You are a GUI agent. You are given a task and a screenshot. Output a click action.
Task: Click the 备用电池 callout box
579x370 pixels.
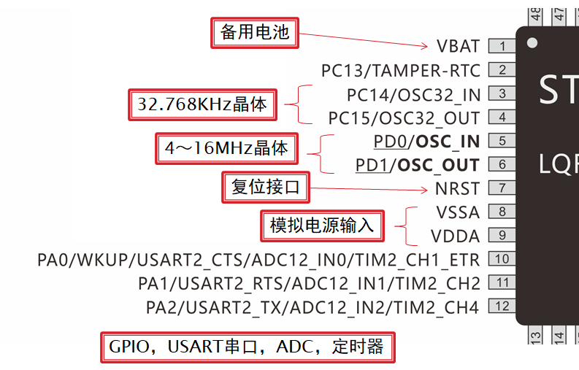[x=255, y=33]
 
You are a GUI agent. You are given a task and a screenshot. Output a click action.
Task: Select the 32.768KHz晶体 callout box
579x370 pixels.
[x=202, y=104]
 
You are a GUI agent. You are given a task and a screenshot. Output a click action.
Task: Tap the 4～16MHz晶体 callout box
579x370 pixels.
[x=227, y=149]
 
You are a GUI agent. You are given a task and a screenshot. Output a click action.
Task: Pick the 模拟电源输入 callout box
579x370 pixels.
[x=322, y=226]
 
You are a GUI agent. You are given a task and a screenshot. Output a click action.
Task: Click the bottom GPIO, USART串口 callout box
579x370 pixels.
[x=246, y=347]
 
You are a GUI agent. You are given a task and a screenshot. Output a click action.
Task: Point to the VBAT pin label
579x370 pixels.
[x=459, y=46]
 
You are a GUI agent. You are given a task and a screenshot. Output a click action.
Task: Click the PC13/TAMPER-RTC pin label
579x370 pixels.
[x=401, y=70]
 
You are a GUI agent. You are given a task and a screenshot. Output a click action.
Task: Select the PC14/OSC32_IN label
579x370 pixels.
[x=413, y=94]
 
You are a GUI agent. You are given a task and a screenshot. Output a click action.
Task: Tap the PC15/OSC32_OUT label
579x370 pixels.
[x=404, y=117]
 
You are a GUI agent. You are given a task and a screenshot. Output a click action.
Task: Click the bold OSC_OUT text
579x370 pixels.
[x=438, y=165]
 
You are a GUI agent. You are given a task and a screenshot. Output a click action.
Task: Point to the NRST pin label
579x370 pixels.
[x=458, y=188]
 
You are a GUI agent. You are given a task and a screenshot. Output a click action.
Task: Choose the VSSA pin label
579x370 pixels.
[x=458, y=212]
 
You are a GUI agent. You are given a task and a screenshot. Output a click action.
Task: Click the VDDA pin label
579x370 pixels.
[x=456, y=236]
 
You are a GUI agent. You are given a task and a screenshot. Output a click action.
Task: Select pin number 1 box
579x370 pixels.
[x=502, y=46]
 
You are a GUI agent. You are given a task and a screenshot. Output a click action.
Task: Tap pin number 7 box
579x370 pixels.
[x=502, y=188]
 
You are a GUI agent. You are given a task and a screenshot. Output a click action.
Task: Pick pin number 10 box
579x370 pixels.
[x=502, y=258]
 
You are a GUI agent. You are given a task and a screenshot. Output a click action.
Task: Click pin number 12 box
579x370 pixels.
[x=502, y=307]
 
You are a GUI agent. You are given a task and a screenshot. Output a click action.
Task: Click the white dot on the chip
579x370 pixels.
[x=532, y=43]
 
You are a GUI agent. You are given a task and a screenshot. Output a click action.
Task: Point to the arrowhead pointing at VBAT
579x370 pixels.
[x=426, y=46]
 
